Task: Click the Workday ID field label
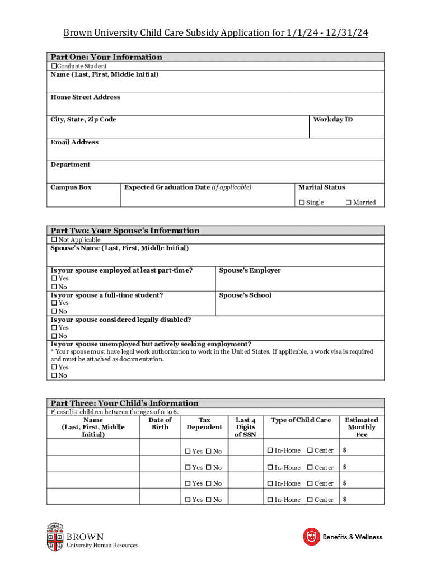(x=332, y=120)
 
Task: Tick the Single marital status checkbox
(x=302, y=203)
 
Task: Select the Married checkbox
(x=349, y=203)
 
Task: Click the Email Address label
(x=74, y=142)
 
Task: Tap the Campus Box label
(x=71, y=187)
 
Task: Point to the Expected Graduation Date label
(x=188, y=187)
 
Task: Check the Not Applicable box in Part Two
(x=54, y=240)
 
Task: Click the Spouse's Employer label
(x=250, y=271)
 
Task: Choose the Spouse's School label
(x=245, y=295)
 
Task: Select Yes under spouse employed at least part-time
(x=54, y=279)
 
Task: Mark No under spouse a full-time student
(x=54, y=312)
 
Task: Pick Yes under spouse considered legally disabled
(x=54, y=328)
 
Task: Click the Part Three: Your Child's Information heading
(x=124, y=403)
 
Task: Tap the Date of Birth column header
(x=160, y=424)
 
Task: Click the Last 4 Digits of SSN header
(x=246, y=427)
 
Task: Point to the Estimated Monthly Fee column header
(x=361, y=427)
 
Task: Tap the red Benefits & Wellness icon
(x=311, y=537)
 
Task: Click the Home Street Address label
(x=85, y=97)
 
